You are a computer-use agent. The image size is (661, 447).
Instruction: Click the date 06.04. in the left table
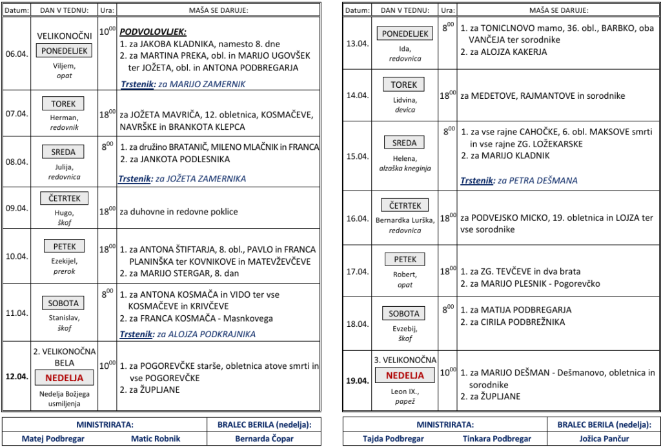[x=17, y=54]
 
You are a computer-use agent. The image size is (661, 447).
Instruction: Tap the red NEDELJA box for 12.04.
[x=64, y=378]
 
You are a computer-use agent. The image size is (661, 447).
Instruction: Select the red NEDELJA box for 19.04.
[x=405, y=375]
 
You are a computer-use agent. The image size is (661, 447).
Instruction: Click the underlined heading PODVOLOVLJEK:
[x=153, y=32]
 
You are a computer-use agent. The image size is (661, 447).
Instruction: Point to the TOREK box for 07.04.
[x=63, y=103]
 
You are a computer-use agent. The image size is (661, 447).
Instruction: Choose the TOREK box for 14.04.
[x=404, y=85]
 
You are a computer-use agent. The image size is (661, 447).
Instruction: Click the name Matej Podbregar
[x=53, y=439]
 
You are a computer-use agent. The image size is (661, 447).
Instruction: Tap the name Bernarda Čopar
[x=265, y=439]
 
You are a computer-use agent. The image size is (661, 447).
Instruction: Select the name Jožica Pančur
[x=605, y=439]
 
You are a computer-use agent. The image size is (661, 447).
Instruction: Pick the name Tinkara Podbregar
[x=497, y=439]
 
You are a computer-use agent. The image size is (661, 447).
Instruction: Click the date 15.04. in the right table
[x=357, y=156]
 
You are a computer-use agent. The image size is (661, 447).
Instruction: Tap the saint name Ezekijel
[x=63, y=261]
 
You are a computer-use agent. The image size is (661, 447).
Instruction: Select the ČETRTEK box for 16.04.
[x=405, y=205]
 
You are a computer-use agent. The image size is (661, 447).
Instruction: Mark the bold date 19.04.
[x=357, y=380]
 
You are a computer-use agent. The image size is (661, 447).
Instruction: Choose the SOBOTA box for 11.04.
[x=63, y=303]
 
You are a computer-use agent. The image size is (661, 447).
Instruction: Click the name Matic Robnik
[x=156, y=439]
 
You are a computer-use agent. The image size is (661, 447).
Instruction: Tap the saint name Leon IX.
[x=405, y=391]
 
